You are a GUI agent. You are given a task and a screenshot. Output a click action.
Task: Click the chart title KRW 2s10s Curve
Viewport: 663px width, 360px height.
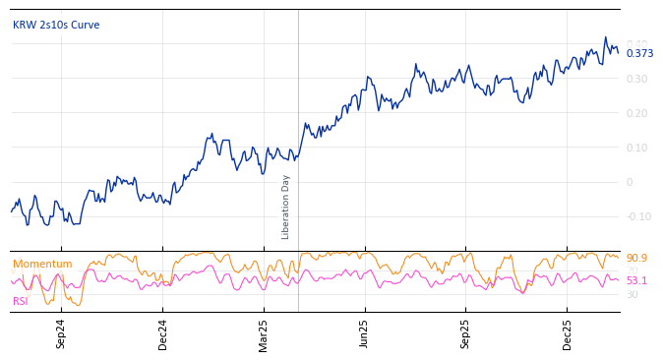[x=56, y=25]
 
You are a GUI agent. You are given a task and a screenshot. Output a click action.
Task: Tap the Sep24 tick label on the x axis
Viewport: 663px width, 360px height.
[x=61, y=333]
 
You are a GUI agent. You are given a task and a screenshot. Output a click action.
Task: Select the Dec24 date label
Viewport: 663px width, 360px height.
[x=162, y=333]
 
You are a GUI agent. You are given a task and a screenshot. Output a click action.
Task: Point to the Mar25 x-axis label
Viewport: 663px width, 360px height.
[x=264, y=333]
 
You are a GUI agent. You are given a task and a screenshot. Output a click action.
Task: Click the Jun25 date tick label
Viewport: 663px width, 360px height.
[x=364, y=333]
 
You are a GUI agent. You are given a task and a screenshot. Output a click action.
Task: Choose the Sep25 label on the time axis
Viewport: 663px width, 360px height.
[x=465, y=333]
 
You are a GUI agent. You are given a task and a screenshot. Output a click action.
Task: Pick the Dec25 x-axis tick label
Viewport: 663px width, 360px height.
[x=567, y=333]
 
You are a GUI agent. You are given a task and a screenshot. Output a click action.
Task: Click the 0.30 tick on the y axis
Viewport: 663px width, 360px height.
[x=636, y=79]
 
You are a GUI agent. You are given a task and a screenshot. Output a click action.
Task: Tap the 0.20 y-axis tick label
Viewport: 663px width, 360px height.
[x=636, y=113]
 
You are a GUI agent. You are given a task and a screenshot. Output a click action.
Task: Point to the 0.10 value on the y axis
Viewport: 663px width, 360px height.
[x=636, y=148]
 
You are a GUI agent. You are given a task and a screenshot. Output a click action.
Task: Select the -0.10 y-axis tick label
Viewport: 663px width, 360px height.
[x=638, y=216]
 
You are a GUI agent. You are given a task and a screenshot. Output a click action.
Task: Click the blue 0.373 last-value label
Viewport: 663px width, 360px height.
[x=639, y=53]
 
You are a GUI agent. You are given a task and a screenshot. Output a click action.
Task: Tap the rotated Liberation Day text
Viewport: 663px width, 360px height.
[x=286, y=207]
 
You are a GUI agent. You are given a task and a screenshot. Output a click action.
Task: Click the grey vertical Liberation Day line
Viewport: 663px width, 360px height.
[x=298, y=118]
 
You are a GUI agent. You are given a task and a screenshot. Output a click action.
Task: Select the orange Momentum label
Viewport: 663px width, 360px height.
[x=42, y=264]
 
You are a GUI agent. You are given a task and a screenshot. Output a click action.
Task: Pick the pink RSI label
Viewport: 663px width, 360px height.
[x=20, y=301]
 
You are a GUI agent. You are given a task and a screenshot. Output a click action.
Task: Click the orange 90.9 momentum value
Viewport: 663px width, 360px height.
[x=636, y=258]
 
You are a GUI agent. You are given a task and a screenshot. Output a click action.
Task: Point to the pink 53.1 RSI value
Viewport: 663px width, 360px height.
[x=636, y=280]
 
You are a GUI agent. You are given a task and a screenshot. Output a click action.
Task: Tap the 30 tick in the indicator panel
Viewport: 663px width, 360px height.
[x=633, y=294]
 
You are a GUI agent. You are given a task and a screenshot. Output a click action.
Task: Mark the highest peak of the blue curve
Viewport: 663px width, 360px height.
[x=606, y=37]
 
